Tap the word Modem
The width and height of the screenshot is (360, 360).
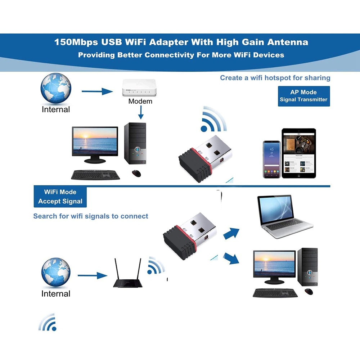tap(140, 102)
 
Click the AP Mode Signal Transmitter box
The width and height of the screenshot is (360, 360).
tap(303, 96)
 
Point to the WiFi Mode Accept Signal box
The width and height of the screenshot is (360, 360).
tap(60, 197)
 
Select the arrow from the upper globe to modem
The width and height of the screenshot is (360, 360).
tap(97, 91)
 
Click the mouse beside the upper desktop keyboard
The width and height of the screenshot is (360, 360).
tap(136, 173)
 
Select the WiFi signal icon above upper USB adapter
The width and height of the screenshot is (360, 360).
tap(213, 120)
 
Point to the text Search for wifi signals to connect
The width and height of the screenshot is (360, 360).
tap(91, 216)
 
